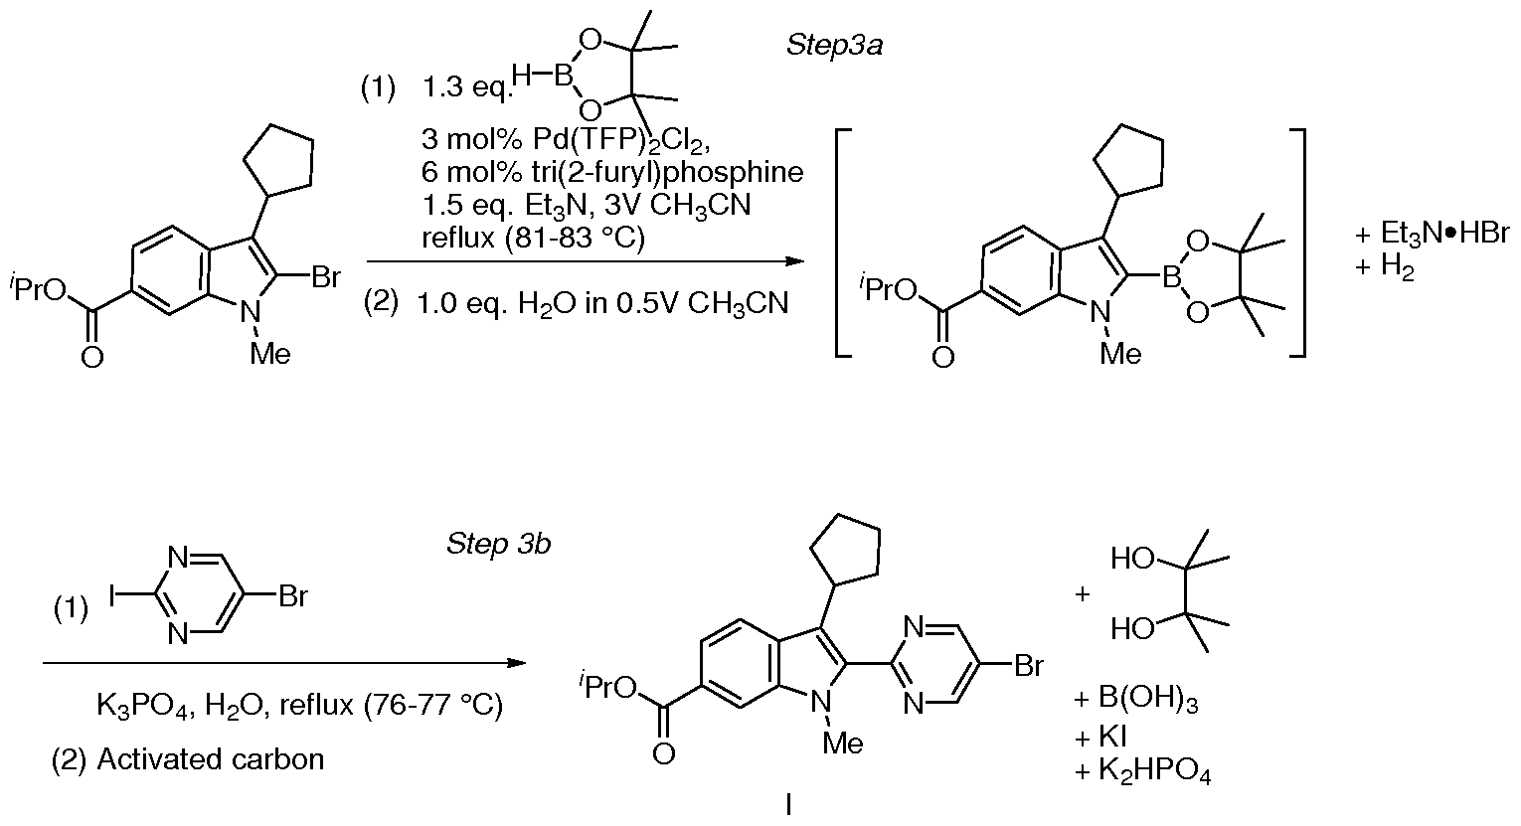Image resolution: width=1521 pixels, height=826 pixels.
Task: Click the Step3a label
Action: [834, 46]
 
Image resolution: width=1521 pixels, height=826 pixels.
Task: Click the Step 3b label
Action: [498, 544]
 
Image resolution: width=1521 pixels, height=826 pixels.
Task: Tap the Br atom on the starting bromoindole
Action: [325, 277]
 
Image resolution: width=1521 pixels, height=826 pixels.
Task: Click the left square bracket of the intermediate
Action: [842, 243]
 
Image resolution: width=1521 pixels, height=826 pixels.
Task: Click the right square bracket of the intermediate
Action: [1297, 243]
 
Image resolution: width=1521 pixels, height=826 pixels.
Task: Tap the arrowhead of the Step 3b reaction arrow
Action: [517, 662]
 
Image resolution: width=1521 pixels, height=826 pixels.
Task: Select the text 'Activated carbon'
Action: [211, 758]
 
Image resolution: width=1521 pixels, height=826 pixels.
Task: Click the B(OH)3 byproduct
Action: [1148, 699]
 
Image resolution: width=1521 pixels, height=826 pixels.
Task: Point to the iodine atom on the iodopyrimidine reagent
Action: [112, 596]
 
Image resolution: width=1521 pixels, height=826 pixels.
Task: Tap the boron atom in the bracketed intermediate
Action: [1171, 277]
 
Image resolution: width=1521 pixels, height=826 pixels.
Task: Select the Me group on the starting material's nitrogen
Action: [270, 353]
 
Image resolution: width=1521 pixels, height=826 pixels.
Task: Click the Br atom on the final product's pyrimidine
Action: [1029, 667]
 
